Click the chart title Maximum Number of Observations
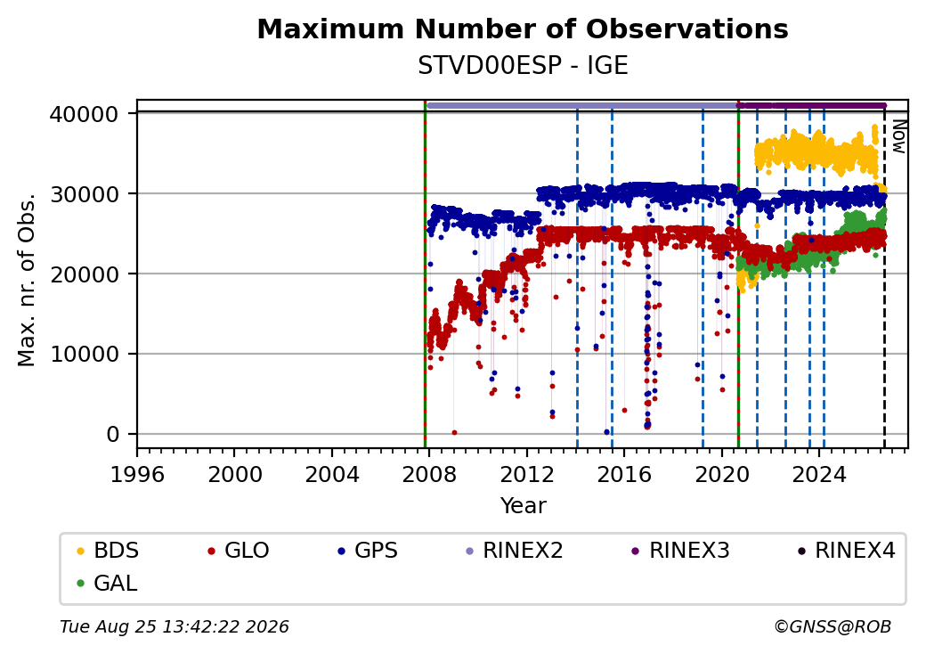coord(523,29)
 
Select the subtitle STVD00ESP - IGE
coord(523,66)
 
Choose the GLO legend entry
coord(239,551)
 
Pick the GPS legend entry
coord(368,551)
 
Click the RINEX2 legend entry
coord(515,551)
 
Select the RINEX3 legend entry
coord(681,551)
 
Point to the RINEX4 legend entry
coord(847,551)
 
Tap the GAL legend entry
coord(108,583)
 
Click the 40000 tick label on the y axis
coord(85,114)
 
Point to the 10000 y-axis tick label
coord(85,355)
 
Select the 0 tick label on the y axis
coord(113,435)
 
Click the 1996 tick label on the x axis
coord(137,474)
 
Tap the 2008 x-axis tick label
coord(429,474)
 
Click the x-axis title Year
coord(524,506)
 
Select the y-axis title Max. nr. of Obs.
coord(27,279)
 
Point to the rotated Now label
coord(898,136)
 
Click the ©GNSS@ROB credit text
coord(833,626)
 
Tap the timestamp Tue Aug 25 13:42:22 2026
coord(175,626)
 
